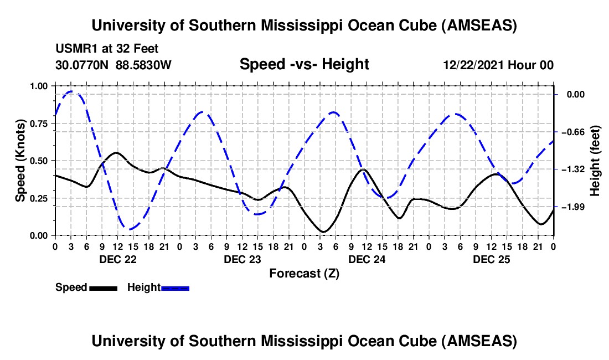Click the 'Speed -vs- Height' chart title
click(304, 64)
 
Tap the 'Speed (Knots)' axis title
click(20, 161)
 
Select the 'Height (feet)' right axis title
click(595, 161)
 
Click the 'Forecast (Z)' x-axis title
click(304, 273)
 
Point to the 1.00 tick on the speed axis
click(39, 86)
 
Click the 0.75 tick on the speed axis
click(39, 124)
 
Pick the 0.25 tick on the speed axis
click(39, 198)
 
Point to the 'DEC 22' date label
click(117, 259)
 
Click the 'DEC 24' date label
click(367, 259)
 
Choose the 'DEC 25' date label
click(491, 259)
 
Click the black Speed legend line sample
click(103, 288)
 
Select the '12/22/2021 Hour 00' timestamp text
click(498, 65)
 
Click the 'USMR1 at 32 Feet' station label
click(107, 49)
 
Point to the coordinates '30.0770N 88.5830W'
click(113, 65)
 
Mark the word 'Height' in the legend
click(143, 287)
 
